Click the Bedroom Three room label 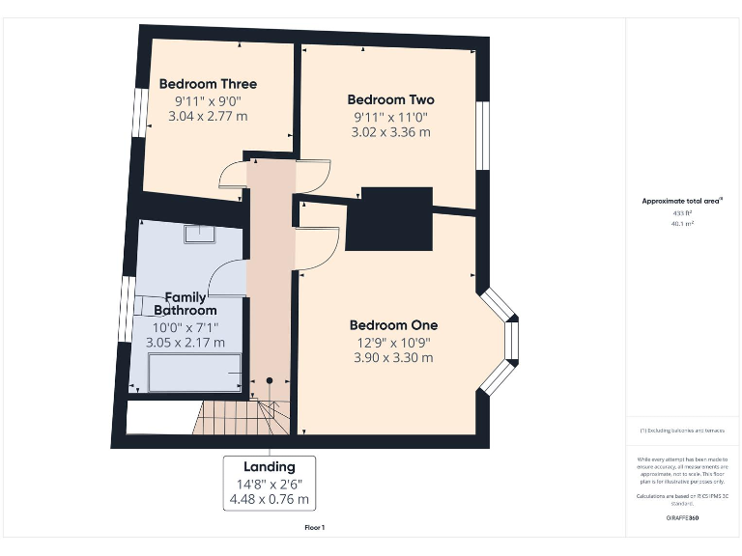tap(208, 84)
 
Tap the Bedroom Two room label tap(390, 99)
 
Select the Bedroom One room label tap(393, 325)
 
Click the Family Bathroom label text tap(185, 304)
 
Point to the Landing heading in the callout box tap(270, 467)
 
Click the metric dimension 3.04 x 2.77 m tap(208, 116)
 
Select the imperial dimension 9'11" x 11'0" tap(390, 117)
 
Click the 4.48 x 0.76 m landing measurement tap(270, 499)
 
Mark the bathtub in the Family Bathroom tap(194, 373)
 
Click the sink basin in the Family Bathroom tap(201, 232)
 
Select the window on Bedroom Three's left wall tap(142, 108)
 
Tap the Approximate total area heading tap(682, 201)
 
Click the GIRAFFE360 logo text tap(682, 518)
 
